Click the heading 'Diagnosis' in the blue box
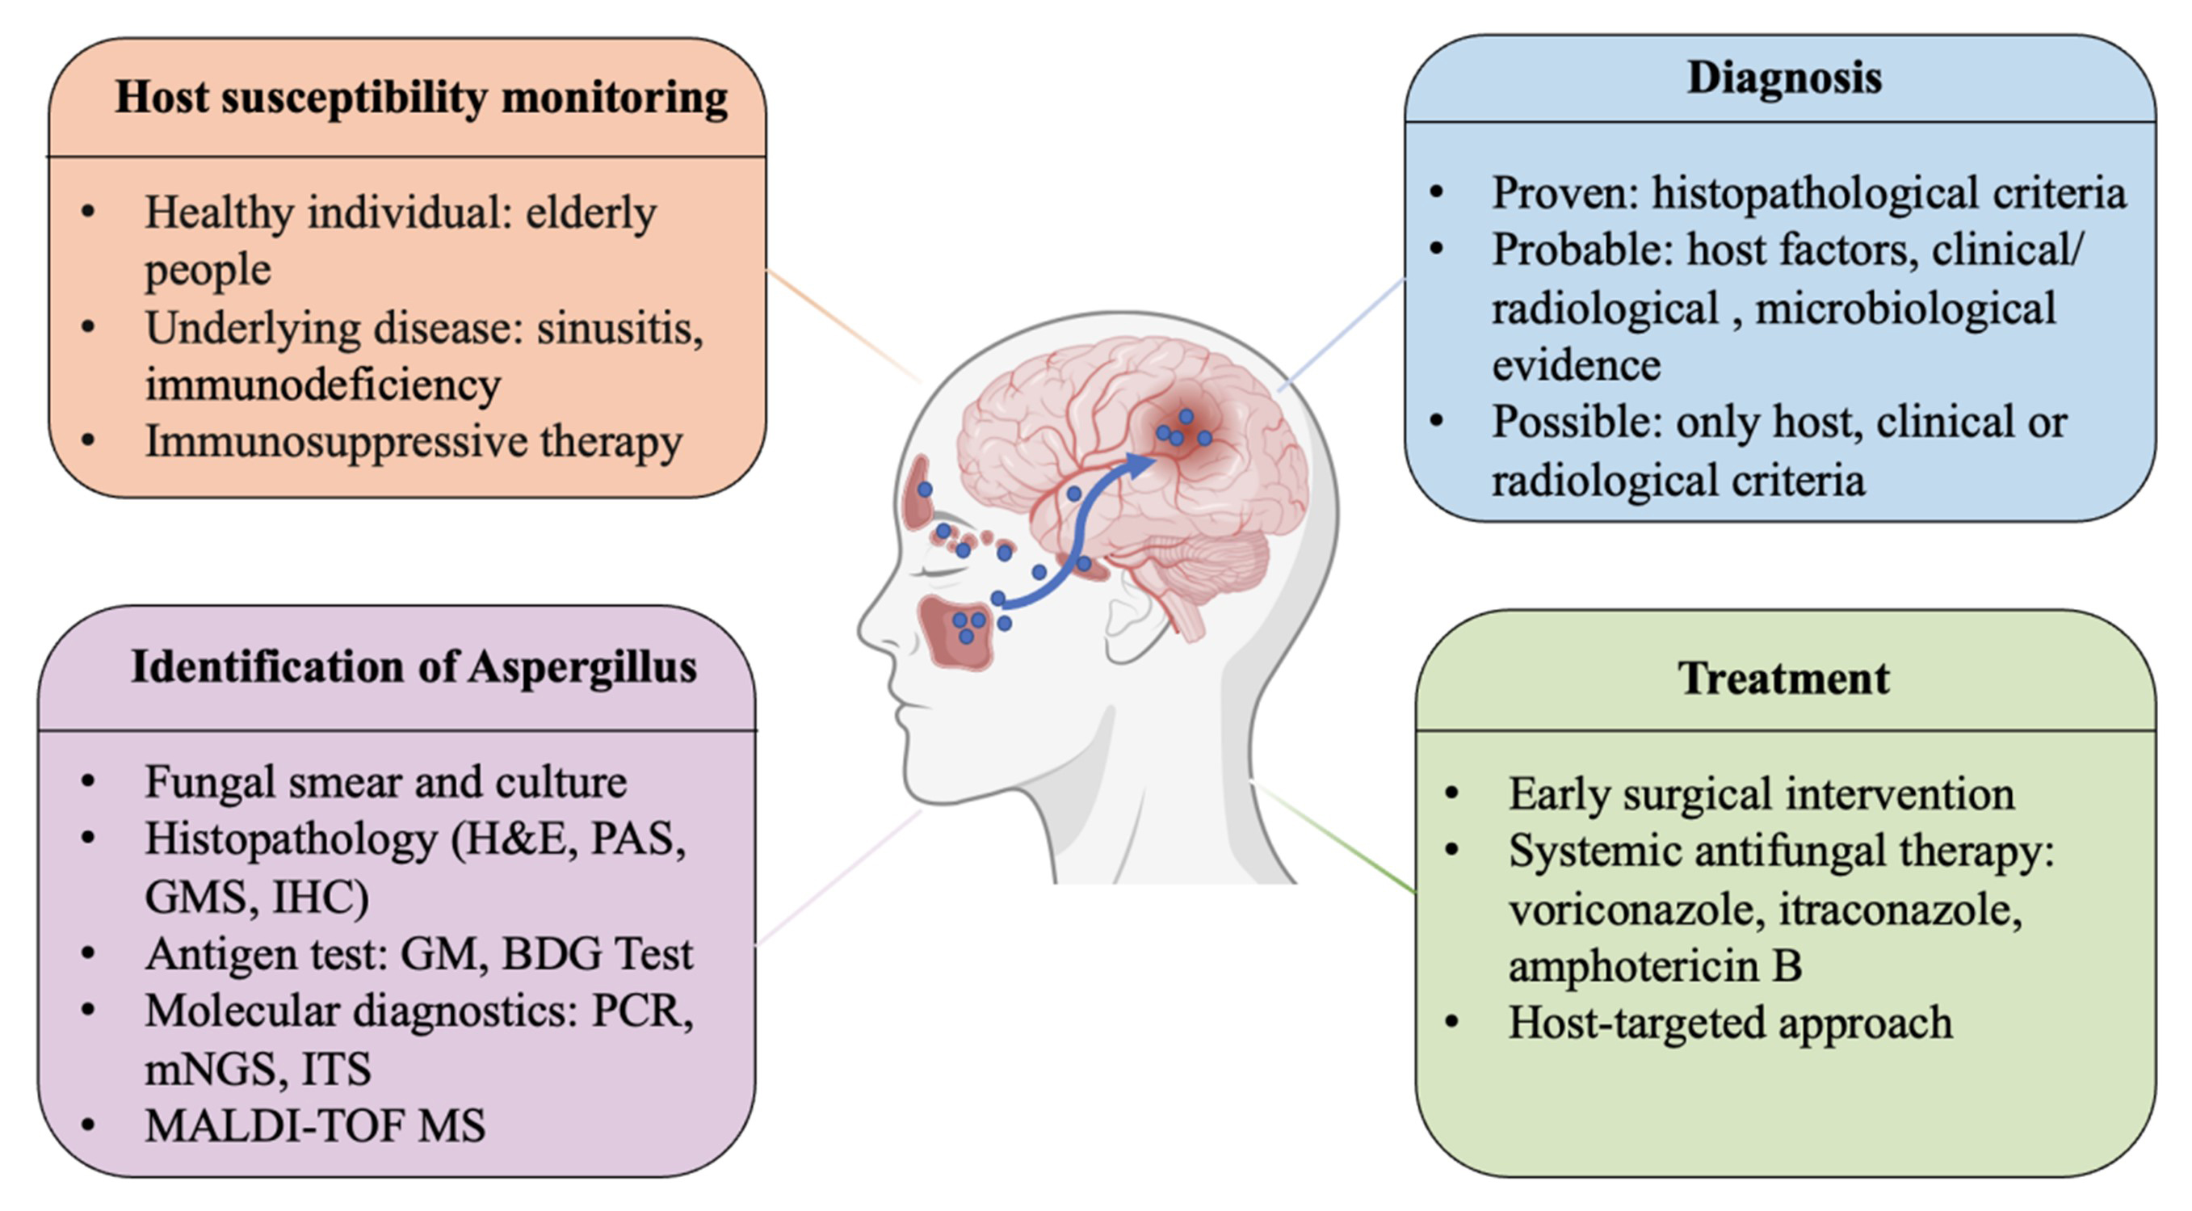(x=1783, y=78)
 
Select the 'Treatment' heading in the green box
(x=1783, y=679)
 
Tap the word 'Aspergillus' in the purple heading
(x=582, y=666)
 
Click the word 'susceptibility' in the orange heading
(x=355, y=98)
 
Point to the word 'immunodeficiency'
(x=322, y=385)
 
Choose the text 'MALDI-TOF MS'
(x=315, y=1126)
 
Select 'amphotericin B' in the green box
(x=1655, y=966)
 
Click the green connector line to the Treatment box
(x=1336, y=839)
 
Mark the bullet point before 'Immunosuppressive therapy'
(x=88, y=442)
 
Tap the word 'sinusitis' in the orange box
(x=619, y=329)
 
